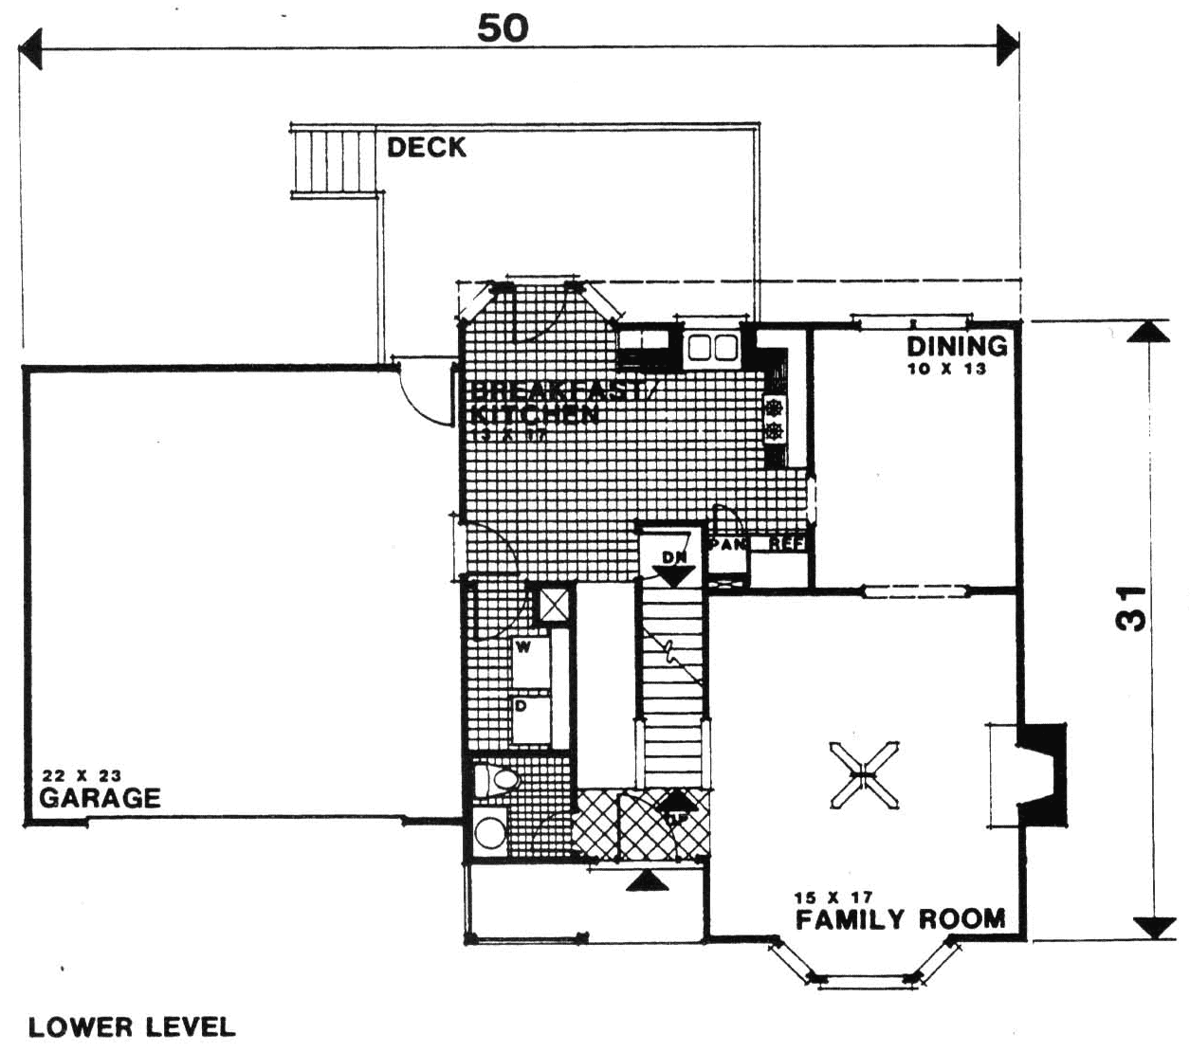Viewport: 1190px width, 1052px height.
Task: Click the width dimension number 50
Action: click(503, 28)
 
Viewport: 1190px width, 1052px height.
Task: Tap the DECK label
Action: click(427, 147)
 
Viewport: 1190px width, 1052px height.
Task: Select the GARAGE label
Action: click(100, 798)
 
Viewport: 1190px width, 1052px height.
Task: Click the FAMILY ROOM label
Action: click(900, 919)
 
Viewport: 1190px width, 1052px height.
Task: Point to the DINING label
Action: click(957, 346)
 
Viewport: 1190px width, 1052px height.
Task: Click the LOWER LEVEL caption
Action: click(132, 1027)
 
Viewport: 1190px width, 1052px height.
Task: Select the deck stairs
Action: click(332, 161)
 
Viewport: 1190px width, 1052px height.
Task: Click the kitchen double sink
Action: click(713, 349)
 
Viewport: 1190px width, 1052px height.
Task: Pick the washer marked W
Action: click(531, 661)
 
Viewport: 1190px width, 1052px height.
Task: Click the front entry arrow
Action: click(646, 881)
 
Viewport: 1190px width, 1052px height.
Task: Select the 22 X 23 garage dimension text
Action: click(82, 775)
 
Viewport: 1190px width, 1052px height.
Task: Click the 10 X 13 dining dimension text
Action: click(946, 370)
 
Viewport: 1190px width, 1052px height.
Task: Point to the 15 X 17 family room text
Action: click(834, 897)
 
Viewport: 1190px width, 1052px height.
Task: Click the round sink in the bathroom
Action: click(489, 834)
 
